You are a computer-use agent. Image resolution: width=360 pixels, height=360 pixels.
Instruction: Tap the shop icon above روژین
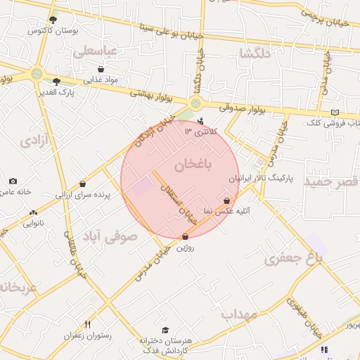(185, 237)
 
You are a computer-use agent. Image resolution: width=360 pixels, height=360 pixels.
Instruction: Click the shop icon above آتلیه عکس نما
(226, 200)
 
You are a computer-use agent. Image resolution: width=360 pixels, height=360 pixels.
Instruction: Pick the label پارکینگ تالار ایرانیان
(266, 179)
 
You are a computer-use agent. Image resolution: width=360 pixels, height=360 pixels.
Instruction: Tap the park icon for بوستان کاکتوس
(53, 20)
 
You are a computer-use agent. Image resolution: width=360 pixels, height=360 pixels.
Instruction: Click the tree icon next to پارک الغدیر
(56, 82)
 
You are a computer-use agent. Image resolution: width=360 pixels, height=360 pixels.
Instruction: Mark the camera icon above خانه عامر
(13, 181)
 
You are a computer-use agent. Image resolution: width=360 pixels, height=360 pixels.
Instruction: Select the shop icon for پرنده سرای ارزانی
(82, 184)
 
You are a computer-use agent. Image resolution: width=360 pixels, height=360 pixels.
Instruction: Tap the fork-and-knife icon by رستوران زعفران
(87, 324)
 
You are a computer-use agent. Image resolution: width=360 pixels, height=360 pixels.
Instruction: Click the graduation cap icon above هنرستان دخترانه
(165, 330)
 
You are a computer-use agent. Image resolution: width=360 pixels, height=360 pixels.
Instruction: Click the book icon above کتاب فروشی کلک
(335, 112)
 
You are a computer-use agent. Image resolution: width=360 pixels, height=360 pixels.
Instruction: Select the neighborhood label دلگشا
(255, 53)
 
